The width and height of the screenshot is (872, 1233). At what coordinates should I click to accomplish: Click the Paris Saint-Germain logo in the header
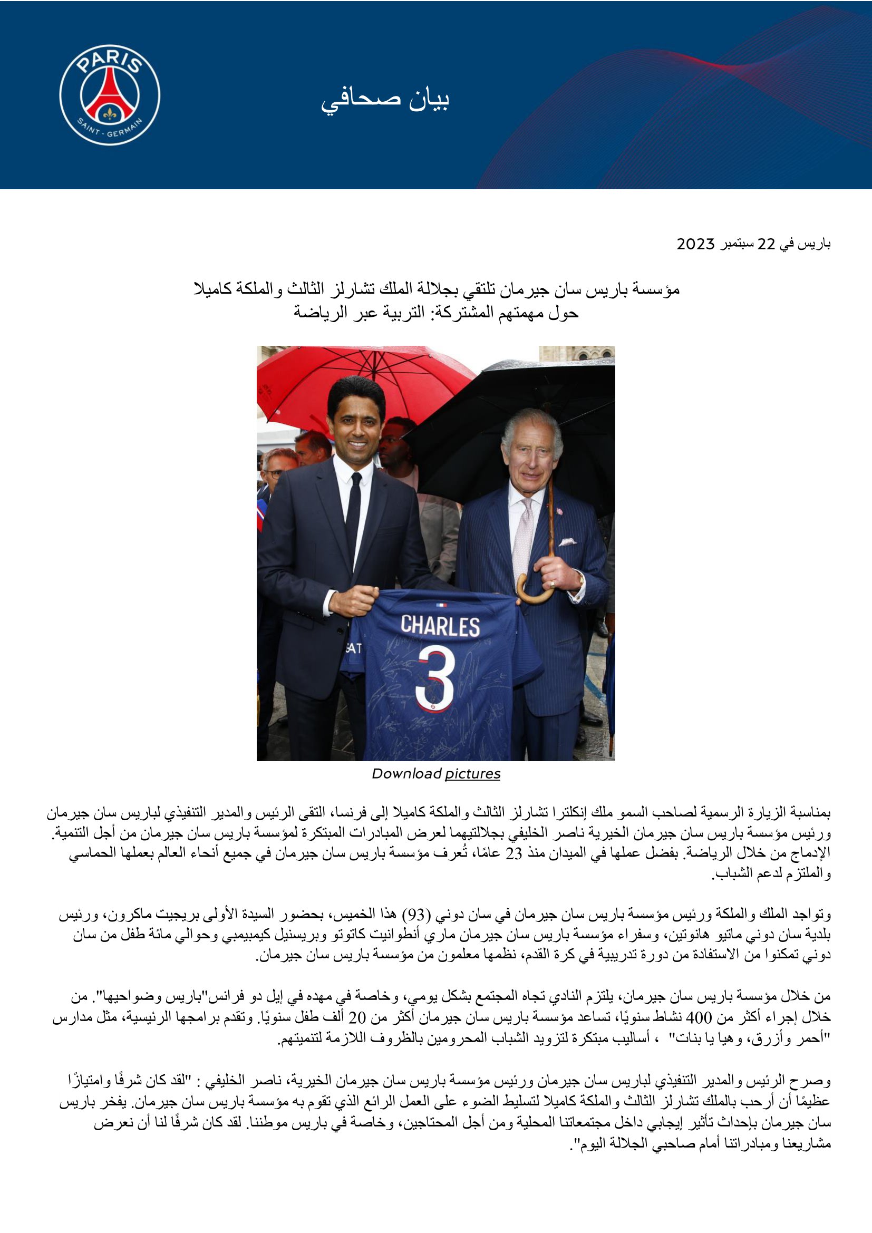(110, 95)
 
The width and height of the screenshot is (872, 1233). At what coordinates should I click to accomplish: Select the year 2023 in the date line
(695, 245)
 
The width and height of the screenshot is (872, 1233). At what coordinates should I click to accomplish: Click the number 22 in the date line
(766, 245)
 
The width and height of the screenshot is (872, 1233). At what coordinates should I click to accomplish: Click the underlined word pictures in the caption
(472, 774)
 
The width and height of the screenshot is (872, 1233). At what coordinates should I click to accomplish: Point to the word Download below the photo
(406, 774)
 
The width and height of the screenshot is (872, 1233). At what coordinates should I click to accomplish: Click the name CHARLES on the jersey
(440, 626)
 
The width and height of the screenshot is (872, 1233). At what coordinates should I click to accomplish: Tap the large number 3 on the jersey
(436, 677)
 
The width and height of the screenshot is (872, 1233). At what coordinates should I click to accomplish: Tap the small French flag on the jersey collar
(441, 605)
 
